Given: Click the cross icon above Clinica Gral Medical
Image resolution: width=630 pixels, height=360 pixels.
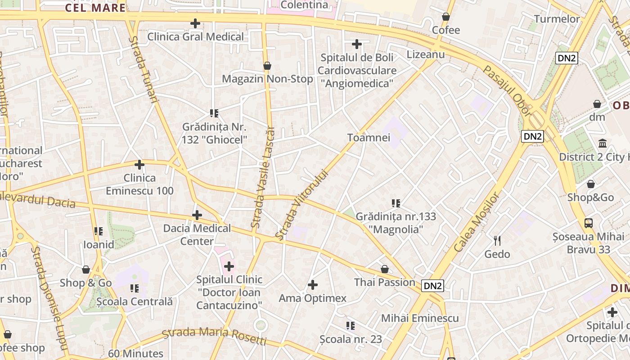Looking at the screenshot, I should [x=195, y=23].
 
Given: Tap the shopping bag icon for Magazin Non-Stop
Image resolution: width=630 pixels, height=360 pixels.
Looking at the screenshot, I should [x=267, y=66].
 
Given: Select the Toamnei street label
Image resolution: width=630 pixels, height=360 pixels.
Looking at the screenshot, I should [x=369, y=138].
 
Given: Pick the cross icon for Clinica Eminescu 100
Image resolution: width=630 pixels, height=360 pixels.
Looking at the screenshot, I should [x=139, y=165].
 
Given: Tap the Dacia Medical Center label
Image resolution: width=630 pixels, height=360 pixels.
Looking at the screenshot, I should [x=197, y=234].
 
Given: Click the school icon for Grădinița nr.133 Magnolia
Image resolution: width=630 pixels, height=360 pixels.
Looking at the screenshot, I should [x=396, y=203].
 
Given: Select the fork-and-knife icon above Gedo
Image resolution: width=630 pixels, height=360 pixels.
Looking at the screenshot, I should [x=497, y=241].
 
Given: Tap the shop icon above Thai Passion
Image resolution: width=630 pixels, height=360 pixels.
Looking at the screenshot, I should [x=385, y=269].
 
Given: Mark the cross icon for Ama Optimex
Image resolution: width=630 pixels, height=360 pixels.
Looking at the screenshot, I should [x=313, y=285].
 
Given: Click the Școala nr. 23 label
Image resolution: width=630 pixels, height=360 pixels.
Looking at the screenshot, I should [x=351, y=339].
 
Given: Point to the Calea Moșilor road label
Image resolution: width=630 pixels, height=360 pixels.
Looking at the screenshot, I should [x=477, y=222].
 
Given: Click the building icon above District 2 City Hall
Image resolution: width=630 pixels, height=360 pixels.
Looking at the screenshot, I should [x=603, y=144].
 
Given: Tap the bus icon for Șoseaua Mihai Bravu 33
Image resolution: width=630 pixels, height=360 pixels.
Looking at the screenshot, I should [x=589, y=223].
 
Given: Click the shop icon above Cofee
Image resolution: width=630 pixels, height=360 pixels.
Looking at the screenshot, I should [x=446, y=17].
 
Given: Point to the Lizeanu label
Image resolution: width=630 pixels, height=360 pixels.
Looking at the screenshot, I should [x=426, y=54].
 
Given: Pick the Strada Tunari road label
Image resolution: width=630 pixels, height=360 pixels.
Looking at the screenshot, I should [x=144, y=70].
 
